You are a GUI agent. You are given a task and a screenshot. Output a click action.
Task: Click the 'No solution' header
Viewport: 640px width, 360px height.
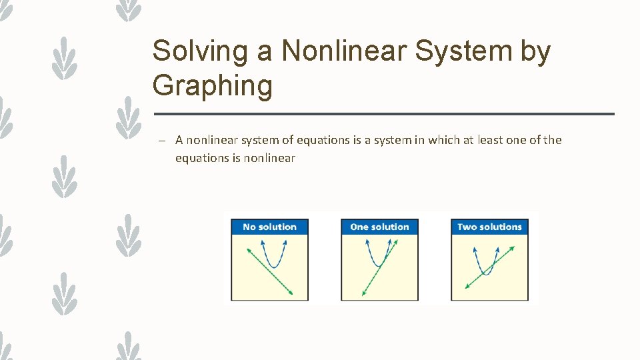(x=269, y=227)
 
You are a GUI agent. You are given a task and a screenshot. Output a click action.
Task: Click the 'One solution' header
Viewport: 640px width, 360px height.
(x=379, y=227)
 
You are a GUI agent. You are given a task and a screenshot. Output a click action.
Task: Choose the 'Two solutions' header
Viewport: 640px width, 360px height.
(x=489, y=227)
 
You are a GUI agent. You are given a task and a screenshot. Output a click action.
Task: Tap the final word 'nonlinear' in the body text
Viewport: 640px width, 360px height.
(x=269, y=158)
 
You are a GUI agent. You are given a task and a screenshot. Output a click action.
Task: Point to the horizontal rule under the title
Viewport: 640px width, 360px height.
(x=383, y=114)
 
